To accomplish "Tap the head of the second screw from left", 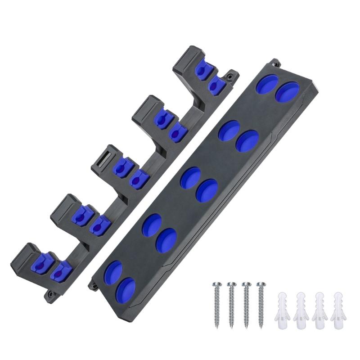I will click(x=232, y=284).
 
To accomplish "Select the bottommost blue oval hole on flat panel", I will click(x=125, y=290).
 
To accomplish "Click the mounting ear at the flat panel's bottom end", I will click(x=94, y=284).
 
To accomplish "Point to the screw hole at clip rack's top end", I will click(x=230, y=77).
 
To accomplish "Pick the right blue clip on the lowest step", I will click(x=58, y=272).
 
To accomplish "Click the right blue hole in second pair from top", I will click(x=247, y=141).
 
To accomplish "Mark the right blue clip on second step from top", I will click(x=176, y=131).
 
